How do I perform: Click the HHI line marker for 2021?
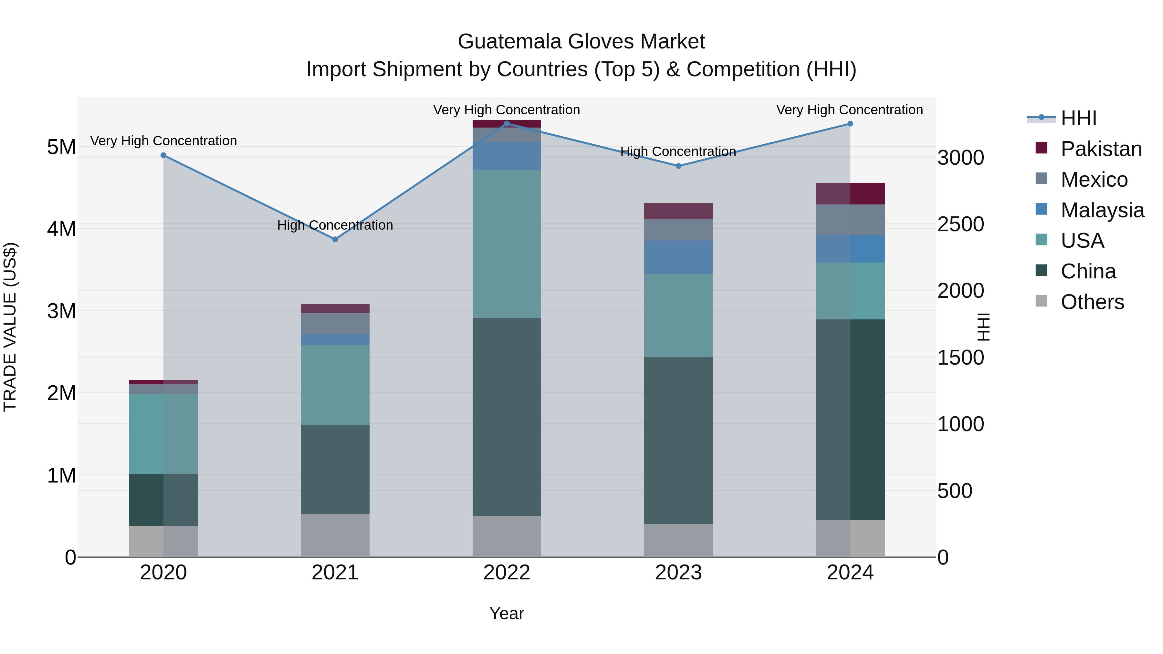point(335,239)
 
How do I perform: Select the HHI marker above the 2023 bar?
point(678,166)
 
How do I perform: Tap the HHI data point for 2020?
point(163,155)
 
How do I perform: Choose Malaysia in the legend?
point(1102,210)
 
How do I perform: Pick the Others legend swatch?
point(1042,301)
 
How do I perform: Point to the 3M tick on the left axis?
point(61,311)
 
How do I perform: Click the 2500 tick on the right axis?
point(960,224)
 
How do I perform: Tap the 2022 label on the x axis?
point(507,573)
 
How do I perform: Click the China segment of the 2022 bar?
point(507,416)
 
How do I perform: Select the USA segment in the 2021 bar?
point(335,385)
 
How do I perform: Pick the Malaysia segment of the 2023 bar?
point(678,257)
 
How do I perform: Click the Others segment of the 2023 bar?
point(678,540)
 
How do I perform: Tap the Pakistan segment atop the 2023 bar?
point(678,211)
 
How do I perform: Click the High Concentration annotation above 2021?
point(335,225)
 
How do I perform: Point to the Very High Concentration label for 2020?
point(163,141)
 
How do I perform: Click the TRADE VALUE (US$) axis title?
point(10,327)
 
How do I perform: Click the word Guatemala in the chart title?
point(510,42)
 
